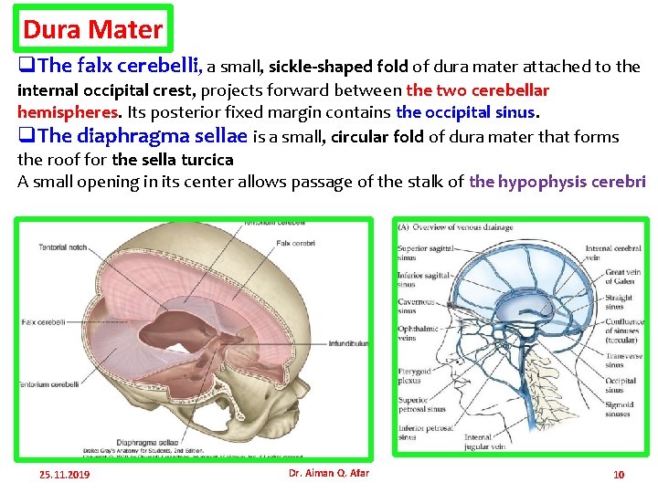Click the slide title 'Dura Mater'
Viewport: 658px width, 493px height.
pos(92,29)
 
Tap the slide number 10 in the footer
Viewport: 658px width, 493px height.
pos(619,474)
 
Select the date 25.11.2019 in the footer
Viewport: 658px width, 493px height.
pos(64,475)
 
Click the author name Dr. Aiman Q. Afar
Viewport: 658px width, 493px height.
pos(328,473)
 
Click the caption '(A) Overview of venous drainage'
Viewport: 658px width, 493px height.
pos(455,227)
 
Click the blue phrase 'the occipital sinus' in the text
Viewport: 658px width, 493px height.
pos(466,113)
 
